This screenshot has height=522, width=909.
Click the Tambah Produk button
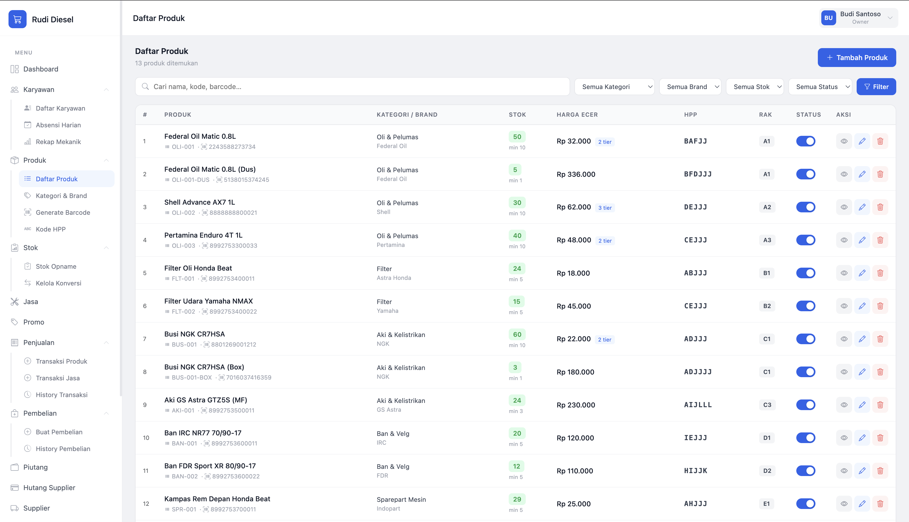[857, 57]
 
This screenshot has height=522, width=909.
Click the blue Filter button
[876, 87]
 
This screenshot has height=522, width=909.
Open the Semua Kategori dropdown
[614, 87]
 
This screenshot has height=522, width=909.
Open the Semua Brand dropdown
[690, 87]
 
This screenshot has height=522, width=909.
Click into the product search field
[352, 87]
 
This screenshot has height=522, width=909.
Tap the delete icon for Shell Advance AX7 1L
[880, 207]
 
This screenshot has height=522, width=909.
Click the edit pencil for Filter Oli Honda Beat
[862, 273]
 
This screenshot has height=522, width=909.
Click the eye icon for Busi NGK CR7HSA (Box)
[844, 372]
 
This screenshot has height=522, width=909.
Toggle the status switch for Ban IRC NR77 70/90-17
[806, 438]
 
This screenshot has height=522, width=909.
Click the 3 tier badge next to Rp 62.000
[605, 208]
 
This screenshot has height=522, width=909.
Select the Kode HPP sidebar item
[50, 229]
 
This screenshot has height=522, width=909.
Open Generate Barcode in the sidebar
[63, 212]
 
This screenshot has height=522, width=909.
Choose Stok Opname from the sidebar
[56, 266]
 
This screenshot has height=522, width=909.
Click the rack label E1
[766, 504]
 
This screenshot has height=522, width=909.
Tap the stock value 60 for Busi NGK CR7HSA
[517, 335]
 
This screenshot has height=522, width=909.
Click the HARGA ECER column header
[577, 115]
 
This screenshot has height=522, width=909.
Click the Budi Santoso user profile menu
[858, 18]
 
